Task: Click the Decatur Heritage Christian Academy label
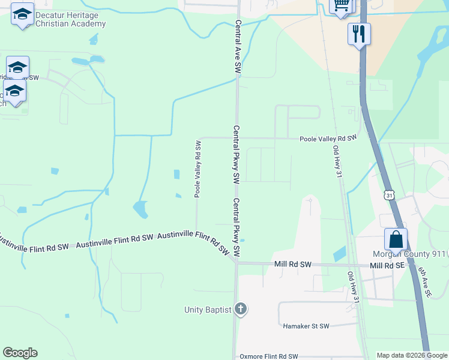[x=70, y=19]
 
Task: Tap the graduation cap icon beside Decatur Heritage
[x=22, y=14]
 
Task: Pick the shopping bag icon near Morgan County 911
[x=396, y=239]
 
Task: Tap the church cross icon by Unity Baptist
[x=240, y=310]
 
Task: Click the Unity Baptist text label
[x=208, y=310]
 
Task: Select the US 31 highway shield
[x=390, y=196]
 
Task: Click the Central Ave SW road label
[x=238, y=48]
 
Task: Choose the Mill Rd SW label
[x=292, y=265]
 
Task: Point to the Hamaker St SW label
[x=306, y=326]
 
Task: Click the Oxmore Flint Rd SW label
[x=268, y=356]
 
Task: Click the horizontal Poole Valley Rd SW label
[x=328, y=138]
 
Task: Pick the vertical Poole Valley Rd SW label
[x=197, y=169]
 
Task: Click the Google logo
[x=20, y=353]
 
